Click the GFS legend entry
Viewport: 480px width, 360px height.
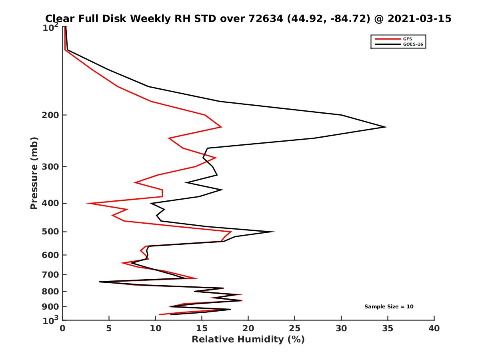tap(408, 39)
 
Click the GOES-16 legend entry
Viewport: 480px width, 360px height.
tap(412, 44)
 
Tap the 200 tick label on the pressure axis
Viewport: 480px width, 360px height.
tap(50, 115)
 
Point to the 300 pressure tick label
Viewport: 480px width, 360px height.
tap(50, 166)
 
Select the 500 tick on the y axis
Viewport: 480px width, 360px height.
tap(50, 232)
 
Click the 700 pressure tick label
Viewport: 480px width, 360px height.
tap(50, 275)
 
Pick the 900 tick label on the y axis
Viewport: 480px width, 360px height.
tap(50, 307)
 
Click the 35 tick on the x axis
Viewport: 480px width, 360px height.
tap(388, 329)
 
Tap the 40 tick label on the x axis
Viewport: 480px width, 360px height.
tap(434, 329)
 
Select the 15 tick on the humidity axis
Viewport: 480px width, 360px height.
tap(202, 329)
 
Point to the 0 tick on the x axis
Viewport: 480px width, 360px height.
tap(63, 329)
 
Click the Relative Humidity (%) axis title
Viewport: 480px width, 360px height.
tap(248, 340)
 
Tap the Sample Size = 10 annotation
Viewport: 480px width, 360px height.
tap(389, 307)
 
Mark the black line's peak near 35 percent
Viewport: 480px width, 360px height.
tap(386, 127)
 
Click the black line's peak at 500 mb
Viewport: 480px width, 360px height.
tap(274, 232)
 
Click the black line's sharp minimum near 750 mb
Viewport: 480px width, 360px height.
tap(100, 282)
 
